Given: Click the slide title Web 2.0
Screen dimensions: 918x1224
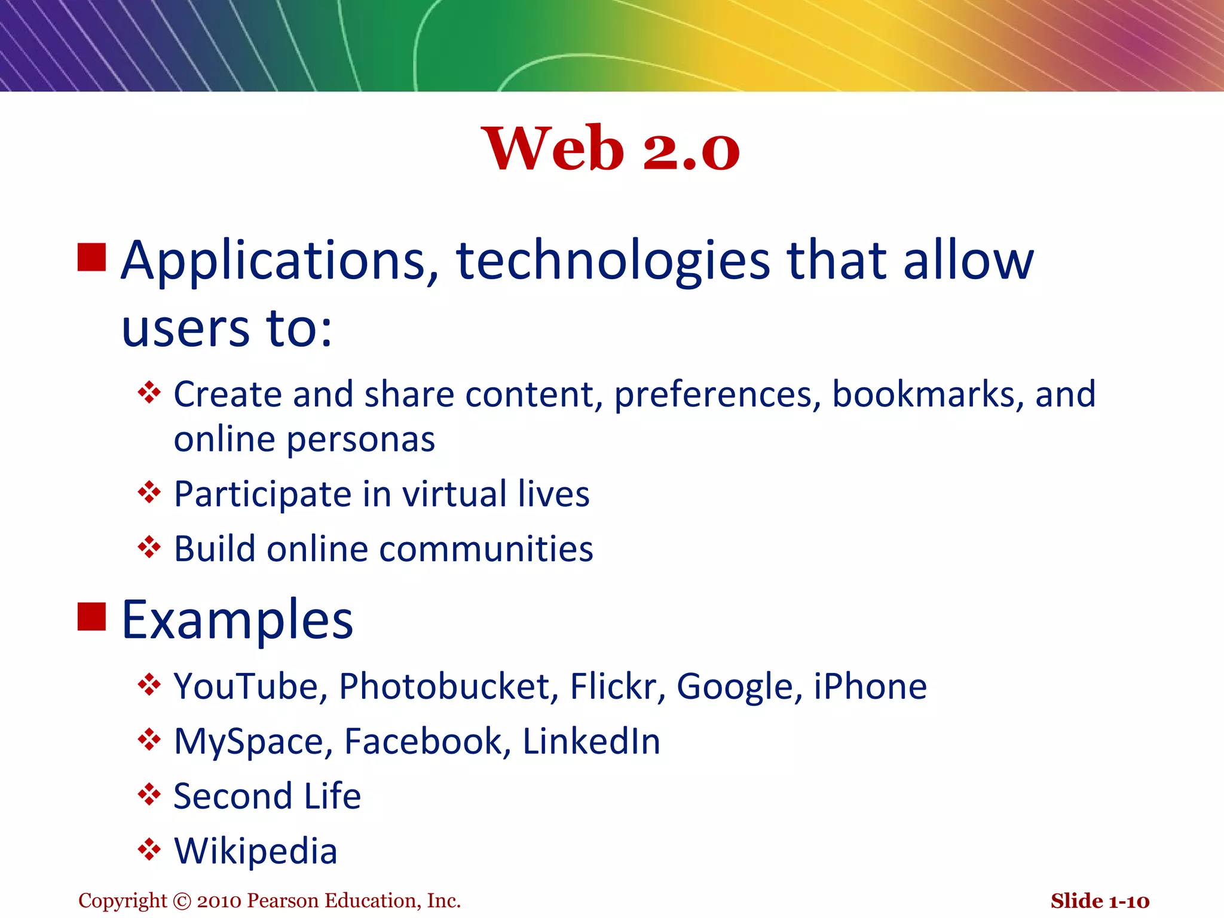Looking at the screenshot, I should pos(610,149).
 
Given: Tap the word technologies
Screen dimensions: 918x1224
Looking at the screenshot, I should pos(613,261).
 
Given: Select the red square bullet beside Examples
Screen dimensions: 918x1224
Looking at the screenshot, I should pos(91,616).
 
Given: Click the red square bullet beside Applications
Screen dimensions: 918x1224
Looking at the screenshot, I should pos(91,257).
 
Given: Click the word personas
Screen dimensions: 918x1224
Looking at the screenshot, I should pos(361,440).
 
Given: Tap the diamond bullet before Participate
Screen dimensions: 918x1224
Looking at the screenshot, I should pos(149,492).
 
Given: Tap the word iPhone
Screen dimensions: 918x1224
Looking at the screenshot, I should pos(870,686).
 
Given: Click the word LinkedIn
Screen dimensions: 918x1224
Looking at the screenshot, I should pos(591,742).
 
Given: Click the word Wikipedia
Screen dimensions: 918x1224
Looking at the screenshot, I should pos(256,851).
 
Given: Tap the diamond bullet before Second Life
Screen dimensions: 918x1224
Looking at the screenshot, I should pos(149,795).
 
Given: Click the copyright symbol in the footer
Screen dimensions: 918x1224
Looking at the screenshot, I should pos(182,901).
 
